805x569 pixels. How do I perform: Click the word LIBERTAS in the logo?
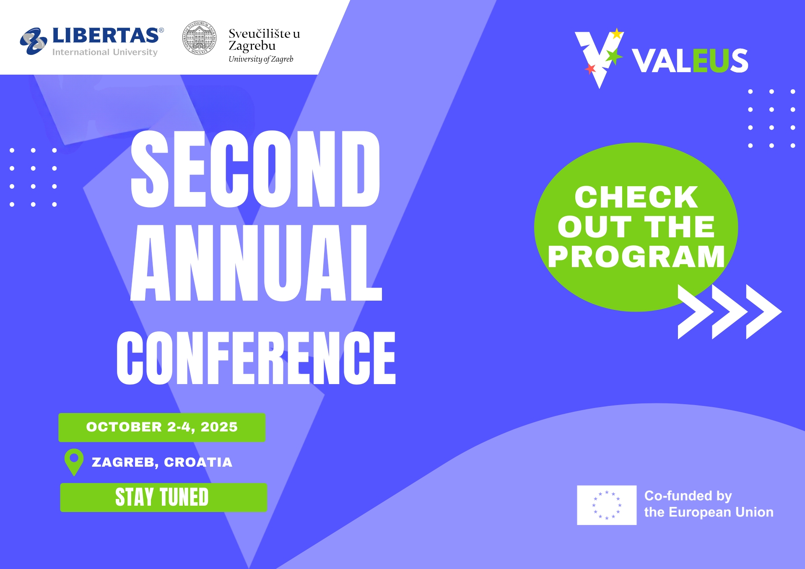coord(106,36)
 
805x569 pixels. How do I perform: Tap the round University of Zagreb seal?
coord(200,38)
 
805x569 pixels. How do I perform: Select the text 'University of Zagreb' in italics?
coord(261,59)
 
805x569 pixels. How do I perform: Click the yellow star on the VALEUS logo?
coord(617,34)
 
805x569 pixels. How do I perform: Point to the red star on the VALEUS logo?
coord(591,68)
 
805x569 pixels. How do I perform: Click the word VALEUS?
coord(690,61)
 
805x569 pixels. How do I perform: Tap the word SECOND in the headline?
coord(255,169)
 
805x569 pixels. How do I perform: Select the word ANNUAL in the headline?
coord(256,263)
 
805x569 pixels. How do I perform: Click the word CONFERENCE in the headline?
coord(256,358)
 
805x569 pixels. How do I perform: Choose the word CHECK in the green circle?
coord(636,197)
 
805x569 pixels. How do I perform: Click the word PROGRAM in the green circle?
coord(636,257)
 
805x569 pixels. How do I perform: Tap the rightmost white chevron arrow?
coord(764,312)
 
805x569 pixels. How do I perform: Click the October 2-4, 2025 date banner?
coord(162,427)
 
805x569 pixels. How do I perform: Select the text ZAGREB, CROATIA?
coord(162,462)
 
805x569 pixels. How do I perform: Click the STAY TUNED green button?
coord(164,497)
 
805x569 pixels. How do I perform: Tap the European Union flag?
coord(607,505)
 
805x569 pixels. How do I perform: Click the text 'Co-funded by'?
coord(688,496)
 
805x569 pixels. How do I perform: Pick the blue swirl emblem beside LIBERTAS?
coord(34,41)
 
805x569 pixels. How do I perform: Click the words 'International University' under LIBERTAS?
coord(105,52)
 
